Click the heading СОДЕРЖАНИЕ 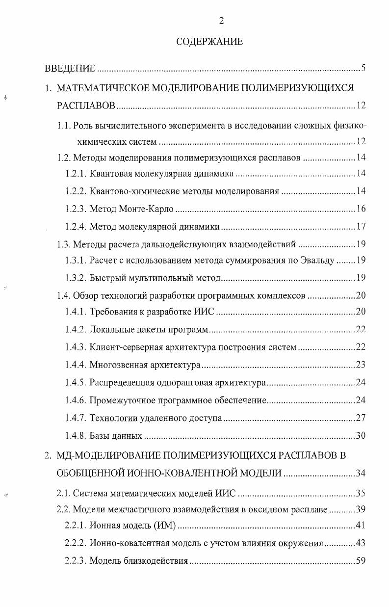click(x=209, y=42)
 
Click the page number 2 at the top click(x=221, y=21)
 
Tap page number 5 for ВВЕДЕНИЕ click(x=363, y=68)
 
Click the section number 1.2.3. click(x=76, y=209)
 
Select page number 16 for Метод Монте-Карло click(x=361, y=209)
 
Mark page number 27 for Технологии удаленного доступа click(x=361, y=418)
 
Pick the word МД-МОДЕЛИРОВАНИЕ click(x=95, y=455)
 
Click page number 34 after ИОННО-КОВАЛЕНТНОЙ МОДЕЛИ click(x=361, y=474)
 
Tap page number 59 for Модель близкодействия click(x=361, y=561)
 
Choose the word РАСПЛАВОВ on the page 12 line click(x=86, y=106)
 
